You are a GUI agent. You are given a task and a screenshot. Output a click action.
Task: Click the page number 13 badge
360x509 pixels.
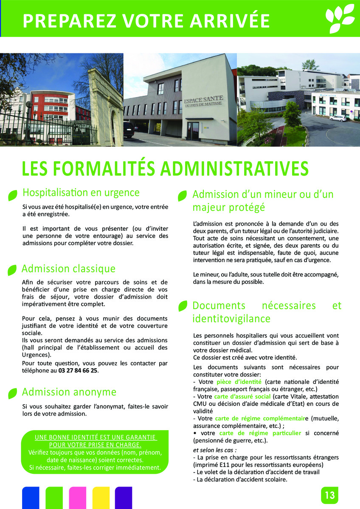329,495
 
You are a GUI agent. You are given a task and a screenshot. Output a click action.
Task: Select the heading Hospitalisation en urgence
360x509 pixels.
81,193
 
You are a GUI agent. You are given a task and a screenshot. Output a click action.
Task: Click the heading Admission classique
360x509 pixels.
68,268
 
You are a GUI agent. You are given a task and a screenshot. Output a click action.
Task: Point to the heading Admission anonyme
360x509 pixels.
69,392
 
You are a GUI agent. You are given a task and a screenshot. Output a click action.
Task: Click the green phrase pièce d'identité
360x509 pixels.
241,382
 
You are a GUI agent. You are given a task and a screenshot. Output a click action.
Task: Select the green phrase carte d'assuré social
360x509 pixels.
242,396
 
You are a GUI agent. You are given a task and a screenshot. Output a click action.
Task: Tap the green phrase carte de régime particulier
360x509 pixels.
260,433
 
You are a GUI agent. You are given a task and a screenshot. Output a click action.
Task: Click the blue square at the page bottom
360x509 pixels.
31,498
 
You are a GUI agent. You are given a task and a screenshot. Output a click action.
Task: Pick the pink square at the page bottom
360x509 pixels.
77,498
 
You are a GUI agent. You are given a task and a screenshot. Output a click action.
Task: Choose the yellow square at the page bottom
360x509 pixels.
101,498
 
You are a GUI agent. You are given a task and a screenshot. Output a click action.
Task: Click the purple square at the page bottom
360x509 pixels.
124,498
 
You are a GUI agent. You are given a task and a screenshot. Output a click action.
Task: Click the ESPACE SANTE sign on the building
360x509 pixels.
203,102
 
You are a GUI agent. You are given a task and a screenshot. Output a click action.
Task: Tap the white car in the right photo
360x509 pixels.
338,118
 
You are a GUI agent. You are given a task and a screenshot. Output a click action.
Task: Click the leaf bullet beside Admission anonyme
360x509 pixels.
13,393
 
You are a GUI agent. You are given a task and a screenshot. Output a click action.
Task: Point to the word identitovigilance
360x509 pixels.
231,318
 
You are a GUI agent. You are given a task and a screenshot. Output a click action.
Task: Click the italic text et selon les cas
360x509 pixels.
214,450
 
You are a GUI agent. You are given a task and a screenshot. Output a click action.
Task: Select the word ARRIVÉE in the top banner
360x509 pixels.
229,20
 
